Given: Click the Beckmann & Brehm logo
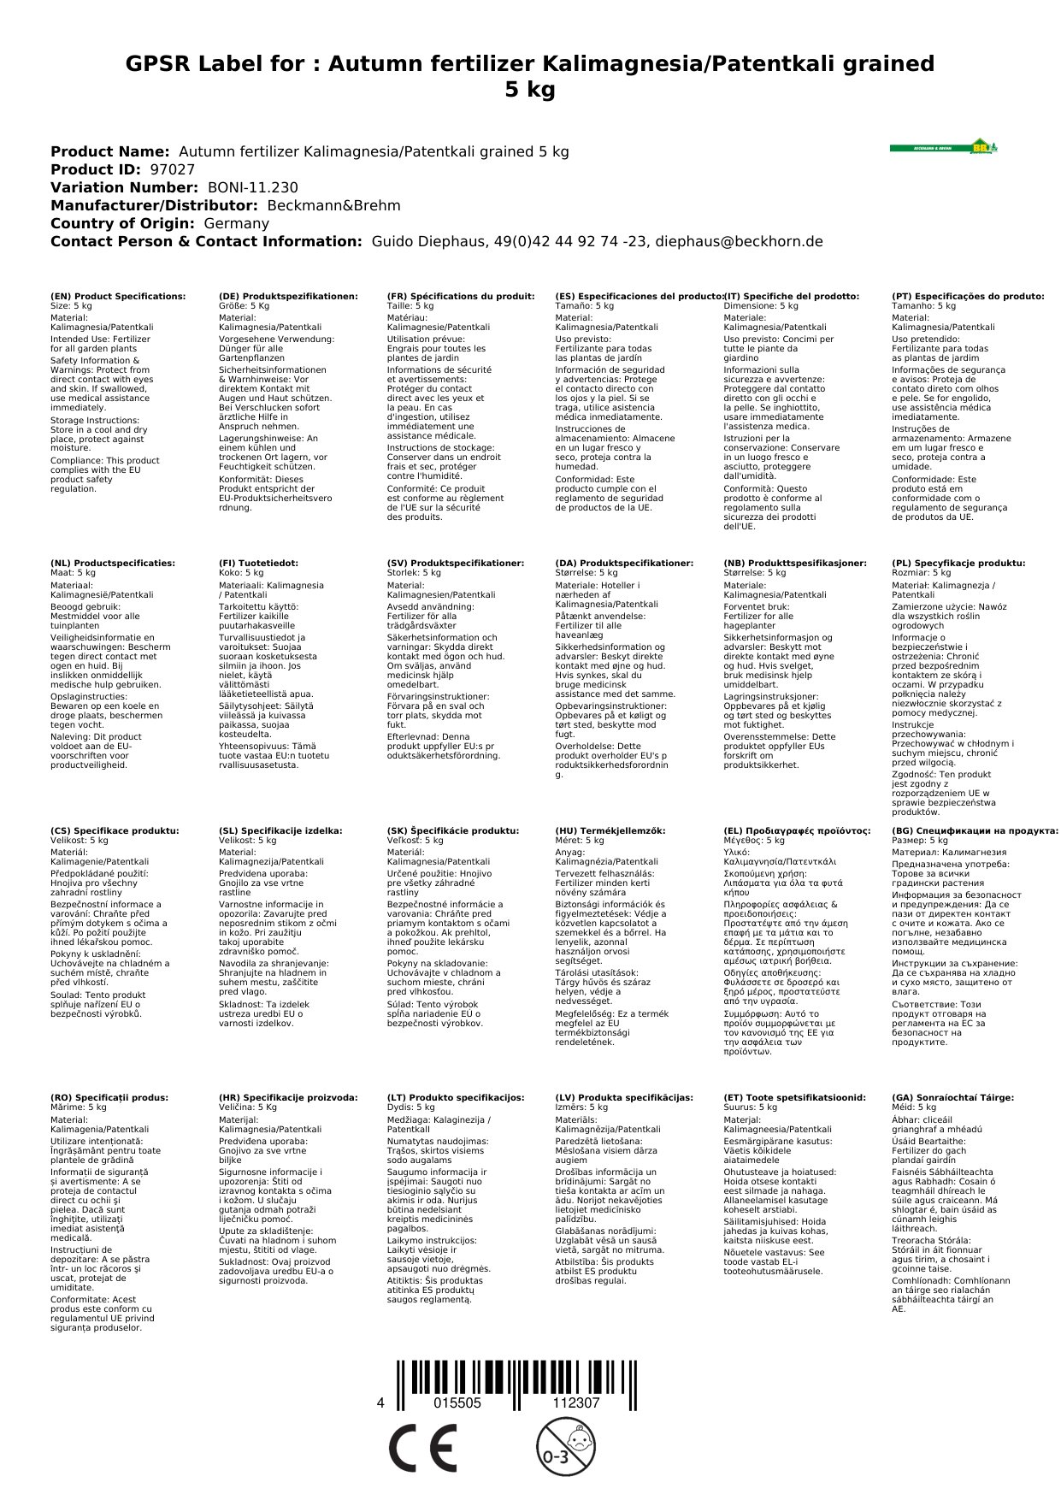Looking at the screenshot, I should pos(943,147).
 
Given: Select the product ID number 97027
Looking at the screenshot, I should pos(172,169).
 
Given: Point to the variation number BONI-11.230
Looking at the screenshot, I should pos(252,187).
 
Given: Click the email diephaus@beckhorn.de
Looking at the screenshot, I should pos(739,241).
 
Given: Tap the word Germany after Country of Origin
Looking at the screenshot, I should pos(236,223).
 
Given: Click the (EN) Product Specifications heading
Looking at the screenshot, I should pos(117,296).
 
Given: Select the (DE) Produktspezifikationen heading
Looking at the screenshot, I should pos(288,296).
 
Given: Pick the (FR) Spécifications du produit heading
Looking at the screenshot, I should pos(461,296).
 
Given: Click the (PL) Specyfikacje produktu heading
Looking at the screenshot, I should pos(958,564).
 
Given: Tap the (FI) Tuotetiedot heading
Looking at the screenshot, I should pos(258,564).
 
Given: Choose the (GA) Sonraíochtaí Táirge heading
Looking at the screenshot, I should pos(952,1097).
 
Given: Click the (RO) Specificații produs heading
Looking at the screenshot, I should pos(109,1097).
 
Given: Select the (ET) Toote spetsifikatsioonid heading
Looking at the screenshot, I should pos(794,1097).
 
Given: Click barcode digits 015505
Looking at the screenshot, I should pos(457,1403).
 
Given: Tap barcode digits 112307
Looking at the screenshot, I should pos(576,1403).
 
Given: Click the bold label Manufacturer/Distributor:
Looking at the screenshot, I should pos(154,205).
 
